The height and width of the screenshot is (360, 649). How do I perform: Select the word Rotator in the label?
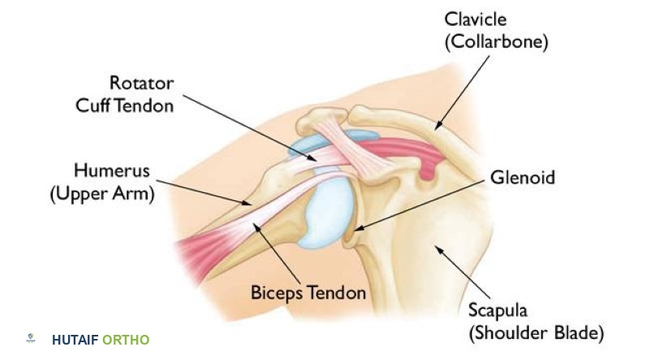pos(142,83)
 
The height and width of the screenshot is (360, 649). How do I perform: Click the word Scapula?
pos(498,310)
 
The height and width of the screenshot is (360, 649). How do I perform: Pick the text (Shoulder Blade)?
pos(535,332)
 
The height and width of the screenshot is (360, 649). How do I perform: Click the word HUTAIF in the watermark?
pos(75,340)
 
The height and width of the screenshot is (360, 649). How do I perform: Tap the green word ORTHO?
pos(126,340)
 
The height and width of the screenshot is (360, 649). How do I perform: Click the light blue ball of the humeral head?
pos(324,207)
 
